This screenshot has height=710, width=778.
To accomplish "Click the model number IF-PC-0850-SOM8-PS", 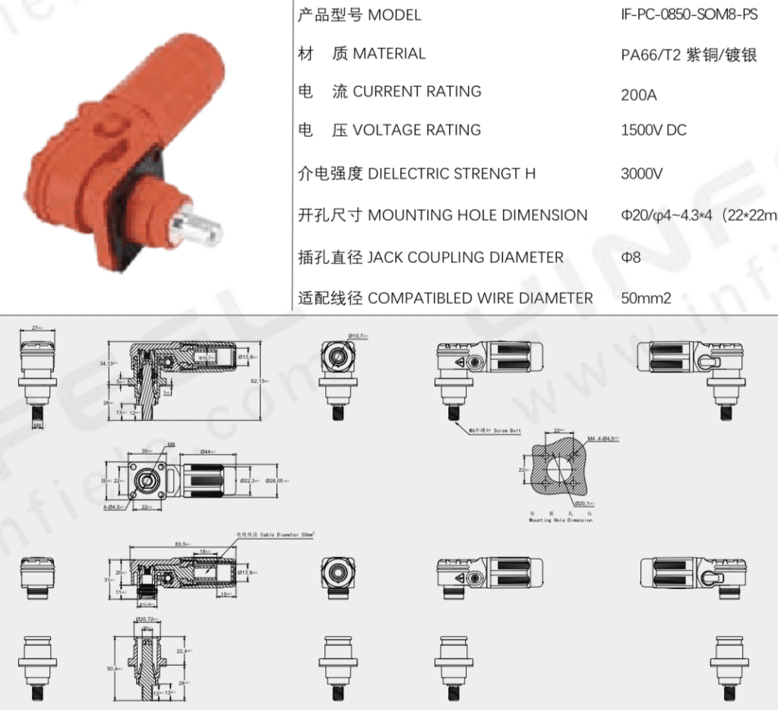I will pyautogui.click(x=689, y=14).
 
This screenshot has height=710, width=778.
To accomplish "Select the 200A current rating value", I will pyautogui.click(x=639, y=95).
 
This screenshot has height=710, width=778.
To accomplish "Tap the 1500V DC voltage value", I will pyautogui.click(x=653, y=130).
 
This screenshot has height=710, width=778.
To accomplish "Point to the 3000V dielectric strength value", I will pyautogui.click(x=642, y=173).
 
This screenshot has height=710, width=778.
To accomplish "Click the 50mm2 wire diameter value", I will pyautogui.click(x=646, y=298).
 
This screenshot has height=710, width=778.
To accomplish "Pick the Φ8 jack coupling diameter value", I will pyautogui.click(x=631, y=257).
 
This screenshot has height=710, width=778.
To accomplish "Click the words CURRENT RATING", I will pyautogui.click(x=417, y=91).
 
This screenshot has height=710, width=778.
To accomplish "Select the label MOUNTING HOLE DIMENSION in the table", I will pyautogui.click(x=477, y=215).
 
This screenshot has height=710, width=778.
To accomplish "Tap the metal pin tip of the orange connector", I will pyautogui.click(x=200, y=225).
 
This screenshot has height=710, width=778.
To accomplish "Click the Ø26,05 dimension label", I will pyautogui.click(x=274, y=480).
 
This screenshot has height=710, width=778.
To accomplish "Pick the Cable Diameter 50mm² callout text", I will pyautogui.click(x=275, y=534).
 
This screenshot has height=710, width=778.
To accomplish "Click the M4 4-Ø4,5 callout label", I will pyautogui.click(x=604, y=438).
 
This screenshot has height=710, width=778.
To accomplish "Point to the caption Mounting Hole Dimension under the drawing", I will pyautogui.click(x=561, y=520).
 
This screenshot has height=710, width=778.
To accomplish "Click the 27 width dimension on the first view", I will pyautogui.click(x=36, y=328).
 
